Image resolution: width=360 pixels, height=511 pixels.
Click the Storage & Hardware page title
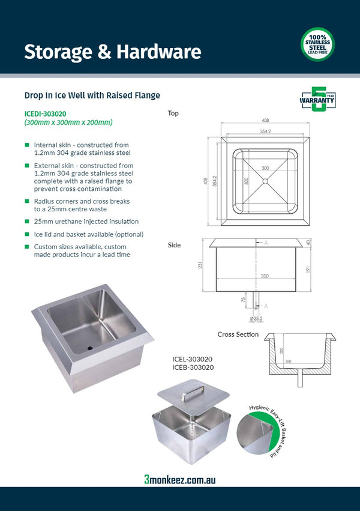(x=112, y=52)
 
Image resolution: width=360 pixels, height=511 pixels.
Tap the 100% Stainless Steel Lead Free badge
(x=317, y=44)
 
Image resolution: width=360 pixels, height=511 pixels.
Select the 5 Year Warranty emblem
(x=317, y=100)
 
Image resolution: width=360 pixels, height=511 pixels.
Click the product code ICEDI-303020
(x=45, y=113)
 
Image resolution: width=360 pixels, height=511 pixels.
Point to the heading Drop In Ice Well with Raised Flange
(x=92, y=95)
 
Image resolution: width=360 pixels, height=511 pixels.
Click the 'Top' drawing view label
(x=173, y=113)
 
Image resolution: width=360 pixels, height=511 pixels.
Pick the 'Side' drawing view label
(x=174, y=245)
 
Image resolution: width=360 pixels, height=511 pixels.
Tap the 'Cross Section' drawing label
(x=238, y=334)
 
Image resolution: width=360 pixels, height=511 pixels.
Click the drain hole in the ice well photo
(x=90, y=347)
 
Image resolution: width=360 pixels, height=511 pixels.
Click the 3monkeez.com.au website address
(x=179, y=479)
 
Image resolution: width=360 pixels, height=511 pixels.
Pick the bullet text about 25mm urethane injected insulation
(x=86, y=222)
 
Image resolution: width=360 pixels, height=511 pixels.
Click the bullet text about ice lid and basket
(x=89, y=234)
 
